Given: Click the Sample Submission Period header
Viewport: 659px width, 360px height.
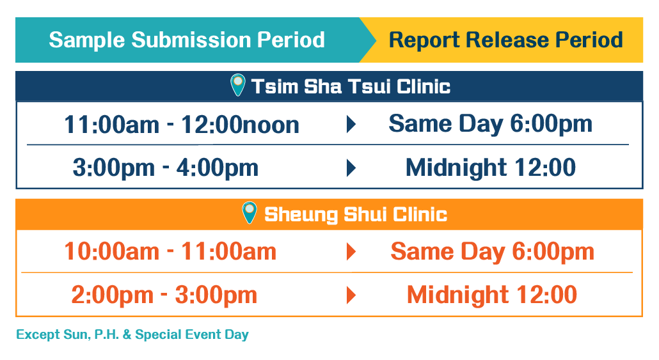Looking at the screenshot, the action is click(187, 40).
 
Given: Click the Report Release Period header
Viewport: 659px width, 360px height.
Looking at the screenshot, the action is click(505, 40).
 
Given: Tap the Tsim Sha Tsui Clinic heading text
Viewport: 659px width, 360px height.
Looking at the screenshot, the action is click(351, 86).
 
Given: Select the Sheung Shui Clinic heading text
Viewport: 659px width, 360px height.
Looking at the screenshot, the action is click(356, 214).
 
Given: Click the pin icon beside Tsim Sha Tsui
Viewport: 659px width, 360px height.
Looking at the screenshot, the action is click(238, 84).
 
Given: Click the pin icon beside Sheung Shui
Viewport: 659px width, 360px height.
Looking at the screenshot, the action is click(250, 212).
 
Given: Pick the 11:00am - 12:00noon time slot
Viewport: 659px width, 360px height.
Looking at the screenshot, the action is click(182, 125).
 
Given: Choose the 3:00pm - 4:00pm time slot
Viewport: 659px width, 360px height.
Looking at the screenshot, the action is click(166, 168).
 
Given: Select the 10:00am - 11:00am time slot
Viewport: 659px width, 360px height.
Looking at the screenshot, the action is click(170, 252).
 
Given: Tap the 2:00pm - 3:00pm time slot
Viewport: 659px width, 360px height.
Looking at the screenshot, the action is click(164, 295).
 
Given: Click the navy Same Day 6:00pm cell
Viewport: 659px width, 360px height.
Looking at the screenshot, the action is click(491, 124).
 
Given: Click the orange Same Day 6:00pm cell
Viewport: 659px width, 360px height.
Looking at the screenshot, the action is click(493, 252).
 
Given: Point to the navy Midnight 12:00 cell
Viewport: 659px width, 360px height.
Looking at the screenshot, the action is click(491, 168).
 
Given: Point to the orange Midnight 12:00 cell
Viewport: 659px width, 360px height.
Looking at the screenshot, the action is click(492, 295).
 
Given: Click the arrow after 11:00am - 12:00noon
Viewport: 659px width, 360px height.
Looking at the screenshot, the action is click(351, 124).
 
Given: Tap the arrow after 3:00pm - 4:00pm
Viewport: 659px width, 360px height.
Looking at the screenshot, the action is click(351, 168).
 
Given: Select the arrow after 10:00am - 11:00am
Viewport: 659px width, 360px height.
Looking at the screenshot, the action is click(351, 252).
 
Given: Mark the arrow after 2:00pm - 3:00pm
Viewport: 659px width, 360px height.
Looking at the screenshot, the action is click(351, 295).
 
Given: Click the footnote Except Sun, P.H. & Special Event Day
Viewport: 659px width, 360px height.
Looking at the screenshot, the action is click(132, 335).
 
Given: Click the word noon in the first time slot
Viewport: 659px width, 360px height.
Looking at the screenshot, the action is click(271, 126).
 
